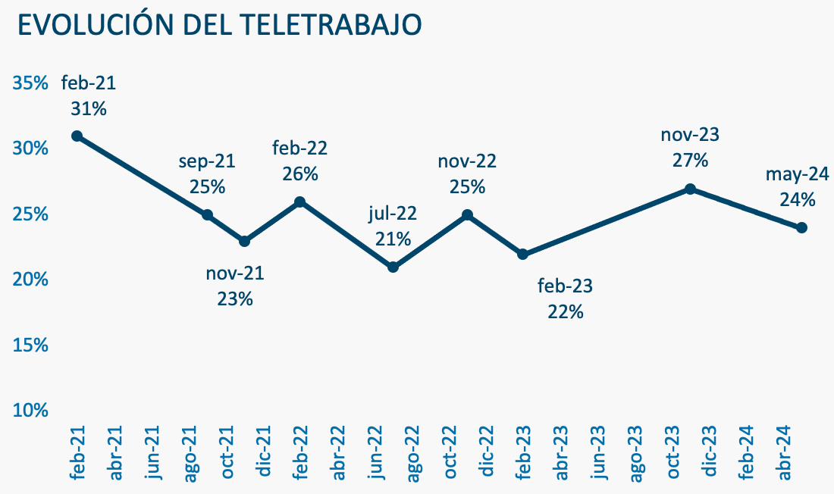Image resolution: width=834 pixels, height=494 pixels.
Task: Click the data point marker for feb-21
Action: [76, 136]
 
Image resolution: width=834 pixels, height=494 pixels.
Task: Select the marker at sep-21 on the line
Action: [207, 215]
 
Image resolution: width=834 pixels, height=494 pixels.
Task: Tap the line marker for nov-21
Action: [244, 241]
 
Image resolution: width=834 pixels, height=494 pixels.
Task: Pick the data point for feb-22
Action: [300, 202]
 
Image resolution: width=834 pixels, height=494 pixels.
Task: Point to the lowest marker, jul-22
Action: [393, 267]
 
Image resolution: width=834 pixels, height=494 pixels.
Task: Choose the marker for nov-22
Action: [467, 215]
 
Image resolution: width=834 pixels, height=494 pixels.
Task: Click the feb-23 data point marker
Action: [522, 254]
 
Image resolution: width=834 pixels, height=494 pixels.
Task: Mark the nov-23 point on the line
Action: [690, 189]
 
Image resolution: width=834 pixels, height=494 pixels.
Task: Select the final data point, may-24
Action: [801, 227]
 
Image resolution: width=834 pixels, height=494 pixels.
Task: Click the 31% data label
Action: [88, 108]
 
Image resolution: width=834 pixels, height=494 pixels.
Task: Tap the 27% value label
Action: [690, 161]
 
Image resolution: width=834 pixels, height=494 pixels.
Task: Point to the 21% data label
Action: [393, 239]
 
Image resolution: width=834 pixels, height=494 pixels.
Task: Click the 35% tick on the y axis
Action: [31, 83]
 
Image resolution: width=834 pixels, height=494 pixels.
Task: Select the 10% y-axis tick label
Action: [31, 410]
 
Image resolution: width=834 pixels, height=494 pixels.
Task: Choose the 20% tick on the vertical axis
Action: [31, 279]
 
